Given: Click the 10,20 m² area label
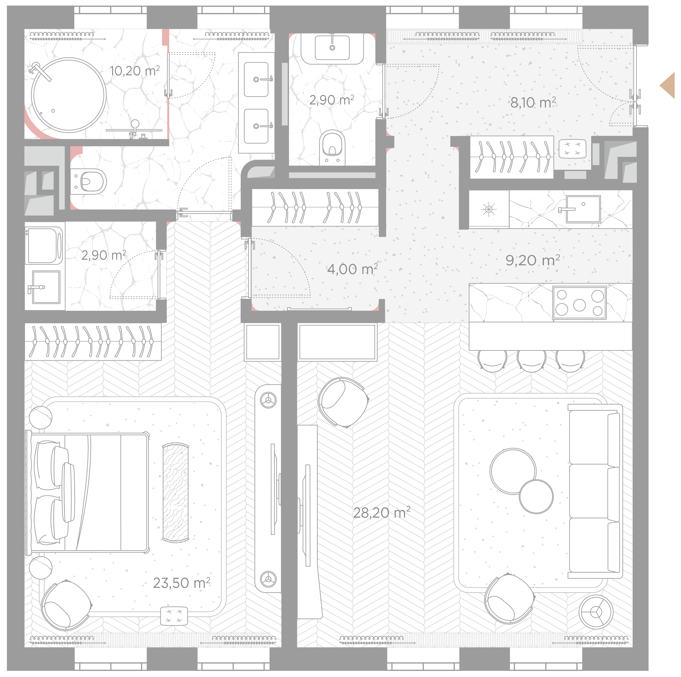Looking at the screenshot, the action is point(135,71).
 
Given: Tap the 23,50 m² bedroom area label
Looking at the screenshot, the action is point(181,583).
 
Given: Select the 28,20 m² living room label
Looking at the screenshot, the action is point(382,512).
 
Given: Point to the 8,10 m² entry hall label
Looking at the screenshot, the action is point(533,103).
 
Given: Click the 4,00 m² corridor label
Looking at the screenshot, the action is point(352,269).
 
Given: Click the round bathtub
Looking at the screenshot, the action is point(69,95).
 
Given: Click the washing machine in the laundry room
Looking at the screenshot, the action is point(44,245).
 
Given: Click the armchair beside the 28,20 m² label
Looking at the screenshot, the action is point(343,402).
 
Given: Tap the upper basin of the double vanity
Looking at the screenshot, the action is point(256,79).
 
